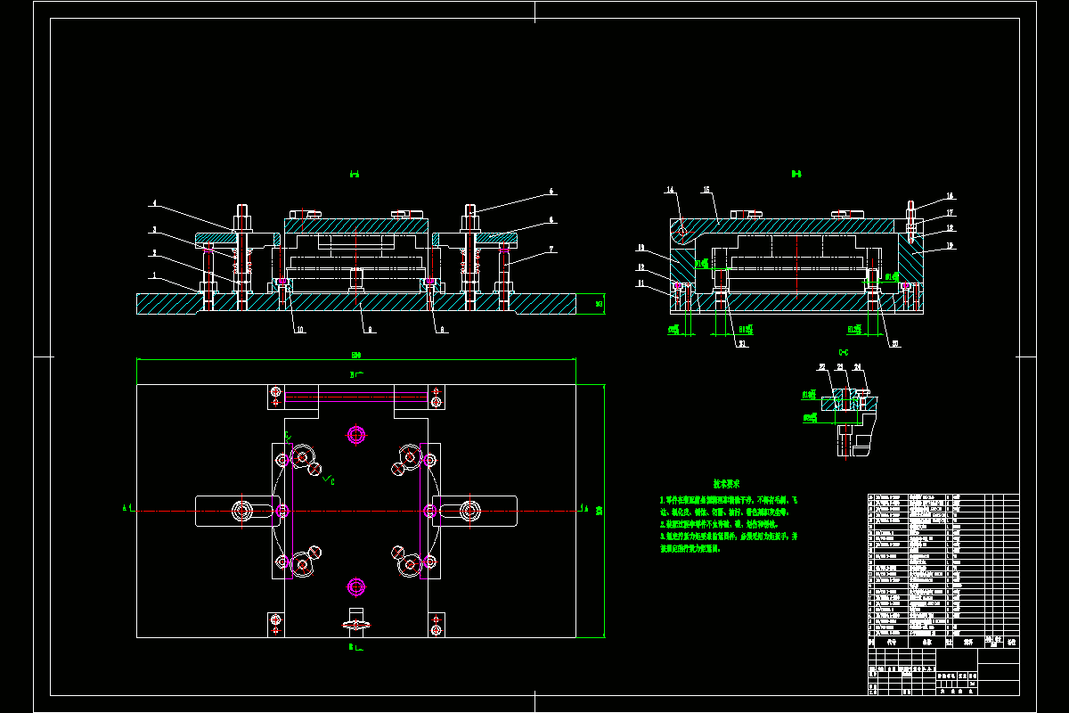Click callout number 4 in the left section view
tap(153, 203)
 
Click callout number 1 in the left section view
tap(153, 276)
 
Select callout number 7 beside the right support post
tap(552, 249)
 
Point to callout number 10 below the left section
tap(300, 330)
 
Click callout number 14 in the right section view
tap(670, 190)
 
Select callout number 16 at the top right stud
tap(950, 196)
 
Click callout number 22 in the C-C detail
tap(821, 366)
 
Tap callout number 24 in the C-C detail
tap(857, 366)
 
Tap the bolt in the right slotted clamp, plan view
tap(469, 511)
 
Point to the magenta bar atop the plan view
tap(355, 397)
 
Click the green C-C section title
tap(843, 352)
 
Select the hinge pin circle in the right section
tap(683, 233)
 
